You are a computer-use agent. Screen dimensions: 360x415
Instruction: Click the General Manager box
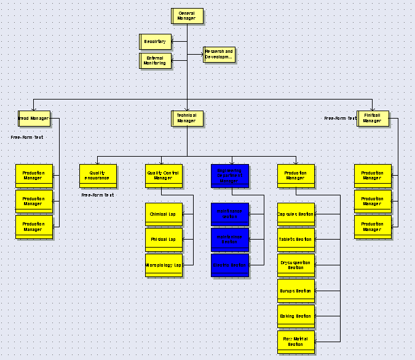click(187, 16)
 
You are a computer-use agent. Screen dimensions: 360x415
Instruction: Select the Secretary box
click(155, 42)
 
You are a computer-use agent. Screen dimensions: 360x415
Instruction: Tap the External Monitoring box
click(155, 61)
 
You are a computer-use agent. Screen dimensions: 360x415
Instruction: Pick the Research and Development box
click(219, 55)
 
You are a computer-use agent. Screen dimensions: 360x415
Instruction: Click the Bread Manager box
click(33, 118)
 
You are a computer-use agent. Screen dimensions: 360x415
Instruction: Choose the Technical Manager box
click(187, 118)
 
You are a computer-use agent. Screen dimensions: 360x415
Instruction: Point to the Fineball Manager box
click(373, 118)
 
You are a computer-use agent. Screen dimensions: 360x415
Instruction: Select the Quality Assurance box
click(98, 176)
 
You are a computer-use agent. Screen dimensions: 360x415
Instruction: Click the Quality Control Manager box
click(164, 176)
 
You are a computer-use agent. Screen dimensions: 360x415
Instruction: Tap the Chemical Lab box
click(164, 214)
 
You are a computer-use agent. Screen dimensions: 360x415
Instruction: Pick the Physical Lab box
click(164, 240)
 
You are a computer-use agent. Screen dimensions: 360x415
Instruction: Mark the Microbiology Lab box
click(164, 265)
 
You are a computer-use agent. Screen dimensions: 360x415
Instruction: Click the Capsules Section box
click(296, 214)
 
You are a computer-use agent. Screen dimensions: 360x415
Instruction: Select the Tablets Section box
click(296, 240)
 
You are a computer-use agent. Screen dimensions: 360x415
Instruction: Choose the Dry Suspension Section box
click(296, 265)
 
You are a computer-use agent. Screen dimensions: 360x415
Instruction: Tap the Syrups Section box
click(296, 291)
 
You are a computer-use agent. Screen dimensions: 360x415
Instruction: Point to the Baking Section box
click(296, 316)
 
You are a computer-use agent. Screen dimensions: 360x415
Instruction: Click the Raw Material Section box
click(296, 342)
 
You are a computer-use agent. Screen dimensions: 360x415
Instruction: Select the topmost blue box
click(230, 176)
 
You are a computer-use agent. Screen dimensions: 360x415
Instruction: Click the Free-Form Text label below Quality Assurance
click(98, 195)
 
